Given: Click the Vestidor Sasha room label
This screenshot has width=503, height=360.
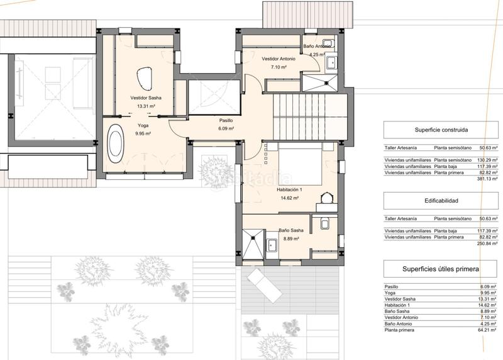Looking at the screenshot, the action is (146, 98).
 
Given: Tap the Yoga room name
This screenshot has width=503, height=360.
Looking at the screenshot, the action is (143, 125).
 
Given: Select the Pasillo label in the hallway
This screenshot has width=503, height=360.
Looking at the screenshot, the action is (226, 120).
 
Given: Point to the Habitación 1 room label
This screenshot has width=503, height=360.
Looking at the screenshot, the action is (289, 190).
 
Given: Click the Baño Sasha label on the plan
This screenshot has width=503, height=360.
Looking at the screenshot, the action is (291, 230).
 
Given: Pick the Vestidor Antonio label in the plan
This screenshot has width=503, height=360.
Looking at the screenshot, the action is (279, 59).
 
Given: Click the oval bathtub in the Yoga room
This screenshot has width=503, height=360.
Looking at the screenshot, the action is (115, 143).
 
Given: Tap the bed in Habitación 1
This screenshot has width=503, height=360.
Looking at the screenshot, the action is (300, 164).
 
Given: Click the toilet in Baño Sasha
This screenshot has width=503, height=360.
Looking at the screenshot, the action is (324, 223).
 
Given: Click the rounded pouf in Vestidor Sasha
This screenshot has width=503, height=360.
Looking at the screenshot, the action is (145, 79).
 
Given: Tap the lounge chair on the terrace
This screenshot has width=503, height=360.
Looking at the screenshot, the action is (264, 286).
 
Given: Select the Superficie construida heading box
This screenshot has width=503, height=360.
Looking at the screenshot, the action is (441, 130).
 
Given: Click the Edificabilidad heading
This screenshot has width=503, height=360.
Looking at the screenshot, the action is (441, 201).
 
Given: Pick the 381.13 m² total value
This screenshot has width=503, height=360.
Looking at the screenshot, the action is (488, 179).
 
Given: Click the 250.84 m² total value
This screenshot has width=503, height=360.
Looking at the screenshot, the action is (488, 244).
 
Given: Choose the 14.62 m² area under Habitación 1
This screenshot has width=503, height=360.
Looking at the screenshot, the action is (290, 198).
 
